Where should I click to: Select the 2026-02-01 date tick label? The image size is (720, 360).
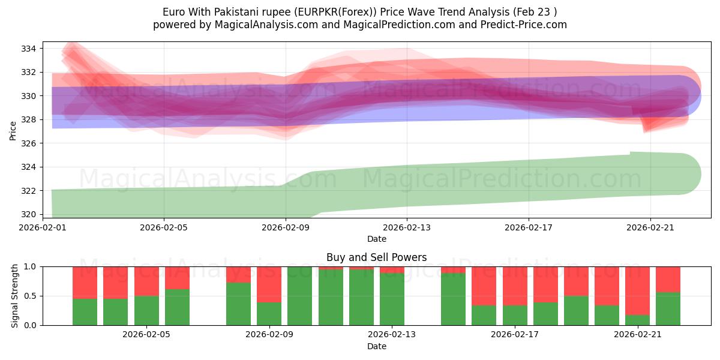click(43, 227)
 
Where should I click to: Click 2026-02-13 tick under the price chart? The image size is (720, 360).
click(407, 227)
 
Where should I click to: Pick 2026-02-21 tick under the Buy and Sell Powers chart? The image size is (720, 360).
click(637, 335)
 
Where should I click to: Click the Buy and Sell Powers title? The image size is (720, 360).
click(376, 257)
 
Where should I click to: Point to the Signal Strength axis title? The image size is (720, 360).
click(15, 296)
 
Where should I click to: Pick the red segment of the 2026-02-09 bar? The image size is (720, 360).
click(269, 284)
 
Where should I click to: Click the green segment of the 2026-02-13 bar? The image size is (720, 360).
click(392, 299)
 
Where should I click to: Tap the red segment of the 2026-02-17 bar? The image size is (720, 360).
click(515, 286)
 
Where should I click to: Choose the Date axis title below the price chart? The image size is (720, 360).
click(376, 239)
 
